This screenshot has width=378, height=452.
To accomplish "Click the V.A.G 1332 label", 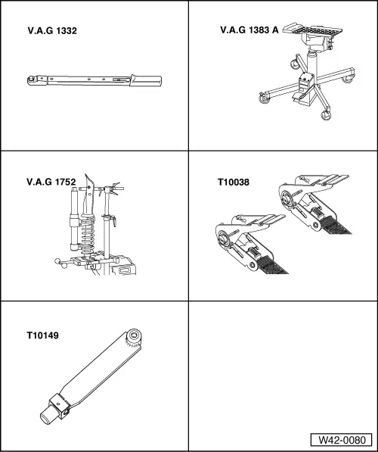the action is coord(52,31).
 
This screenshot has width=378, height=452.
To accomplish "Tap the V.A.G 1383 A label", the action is coord(249,30).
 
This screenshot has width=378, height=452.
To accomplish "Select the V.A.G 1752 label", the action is coord(51,182).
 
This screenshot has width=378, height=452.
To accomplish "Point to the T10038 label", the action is coord(233,182).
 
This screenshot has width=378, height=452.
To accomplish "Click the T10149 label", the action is coord(42,335).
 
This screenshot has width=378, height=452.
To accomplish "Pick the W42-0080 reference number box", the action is coord(342,440).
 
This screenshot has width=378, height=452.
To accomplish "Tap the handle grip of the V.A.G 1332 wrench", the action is coord(145,81).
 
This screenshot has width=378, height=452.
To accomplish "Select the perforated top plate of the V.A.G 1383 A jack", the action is coord(312,29).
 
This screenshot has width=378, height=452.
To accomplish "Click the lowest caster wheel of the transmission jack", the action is coord(326,115).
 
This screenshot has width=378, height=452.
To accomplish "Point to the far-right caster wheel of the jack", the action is coord(348,79).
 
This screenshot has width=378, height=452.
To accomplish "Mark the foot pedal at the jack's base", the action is coord(299,98).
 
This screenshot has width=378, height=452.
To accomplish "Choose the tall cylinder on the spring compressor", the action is coord(74,219).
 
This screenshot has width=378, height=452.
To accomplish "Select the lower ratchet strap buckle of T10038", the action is coord(250,243).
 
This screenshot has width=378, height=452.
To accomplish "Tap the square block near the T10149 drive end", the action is coord(60,407).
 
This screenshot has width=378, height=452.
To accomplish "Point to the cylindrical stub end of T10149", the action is coord(46,415).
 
